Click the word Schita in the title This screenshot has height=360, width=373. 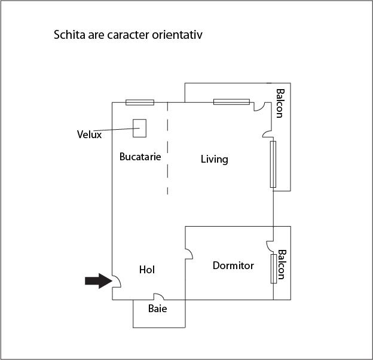coord(69,35)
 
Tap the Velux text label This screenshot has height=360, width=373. coord(89,135)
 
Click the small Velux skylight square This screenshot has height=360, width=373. coord(139,127)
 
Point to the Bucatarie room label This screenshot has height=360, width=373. coord(140,157)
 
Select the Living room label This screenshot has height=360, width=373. coord(214,159)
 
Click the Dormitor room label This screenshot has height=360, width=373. coord(233,266)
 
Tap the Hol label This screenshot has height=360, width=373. coord(147,270)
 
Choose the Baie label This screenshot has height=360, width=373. coord(157,309)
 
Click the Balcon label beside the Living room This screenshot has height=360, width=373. coord(280,103)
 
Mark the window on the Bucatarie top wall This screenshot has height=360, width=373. coord(139,102)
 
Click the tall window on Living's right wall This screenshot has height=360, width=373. coord(273,164)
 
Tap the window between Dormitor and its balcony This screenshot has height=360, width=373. coord(273,268)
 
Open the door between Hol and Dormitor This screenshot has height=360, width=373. coord(188,254)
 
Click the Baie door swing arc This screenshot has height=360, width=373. coord(158,296)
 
